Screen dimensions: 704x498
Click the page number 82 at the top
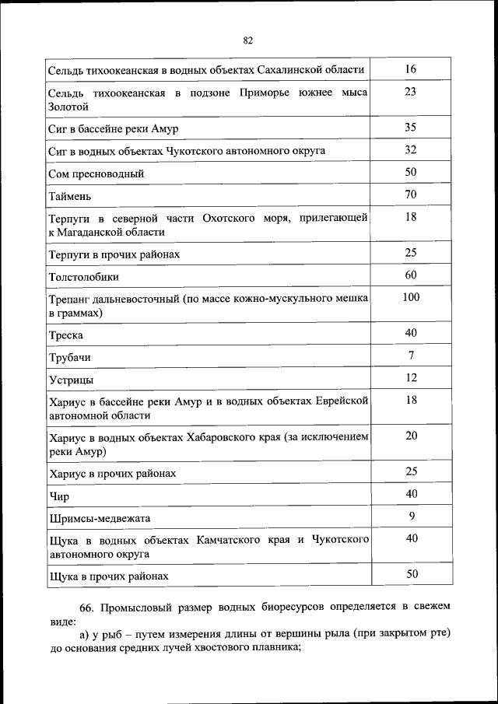pyautogui.click(x=248, y=40)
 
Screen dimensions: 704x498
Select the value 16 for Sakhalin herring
pyautogui.click(x=411, y=69)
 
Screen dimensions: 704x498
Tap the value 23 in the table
pyautogui.click(x=411, y=92)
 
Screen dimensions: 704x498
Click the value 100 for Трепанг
pyautogui.click(x=411, y=297)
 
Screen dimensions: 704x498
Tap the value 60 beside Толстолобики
pyautogui.click(x=411, y=275)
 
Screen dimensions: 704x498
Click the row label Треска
pyautogui.click(x=65, y=336)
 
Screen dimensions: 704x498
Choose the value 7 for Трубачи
pyautogui.click(x=411, y=356)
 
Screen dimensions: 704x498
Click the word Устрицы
pyautogui.click(x=71, y=380)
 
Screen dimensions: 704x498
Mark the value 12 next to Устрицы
pyautogui.click(x=411, y=377)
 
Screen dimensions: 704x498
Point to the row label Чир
pyautogui.click(x=59, y=496)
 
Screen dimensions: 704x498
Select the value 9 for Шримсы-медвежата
pyautogui.click(x=411, y=515)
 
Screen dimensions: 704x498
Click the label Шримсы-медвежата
pyautogui.click(x=99, y=518)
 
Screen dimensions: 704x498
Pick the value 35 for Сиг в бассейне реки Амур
pyautogui.click(x=411, y=127)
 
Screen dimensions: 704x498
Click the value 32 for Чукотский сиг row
pyautogui.click(x=411, y=149)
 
